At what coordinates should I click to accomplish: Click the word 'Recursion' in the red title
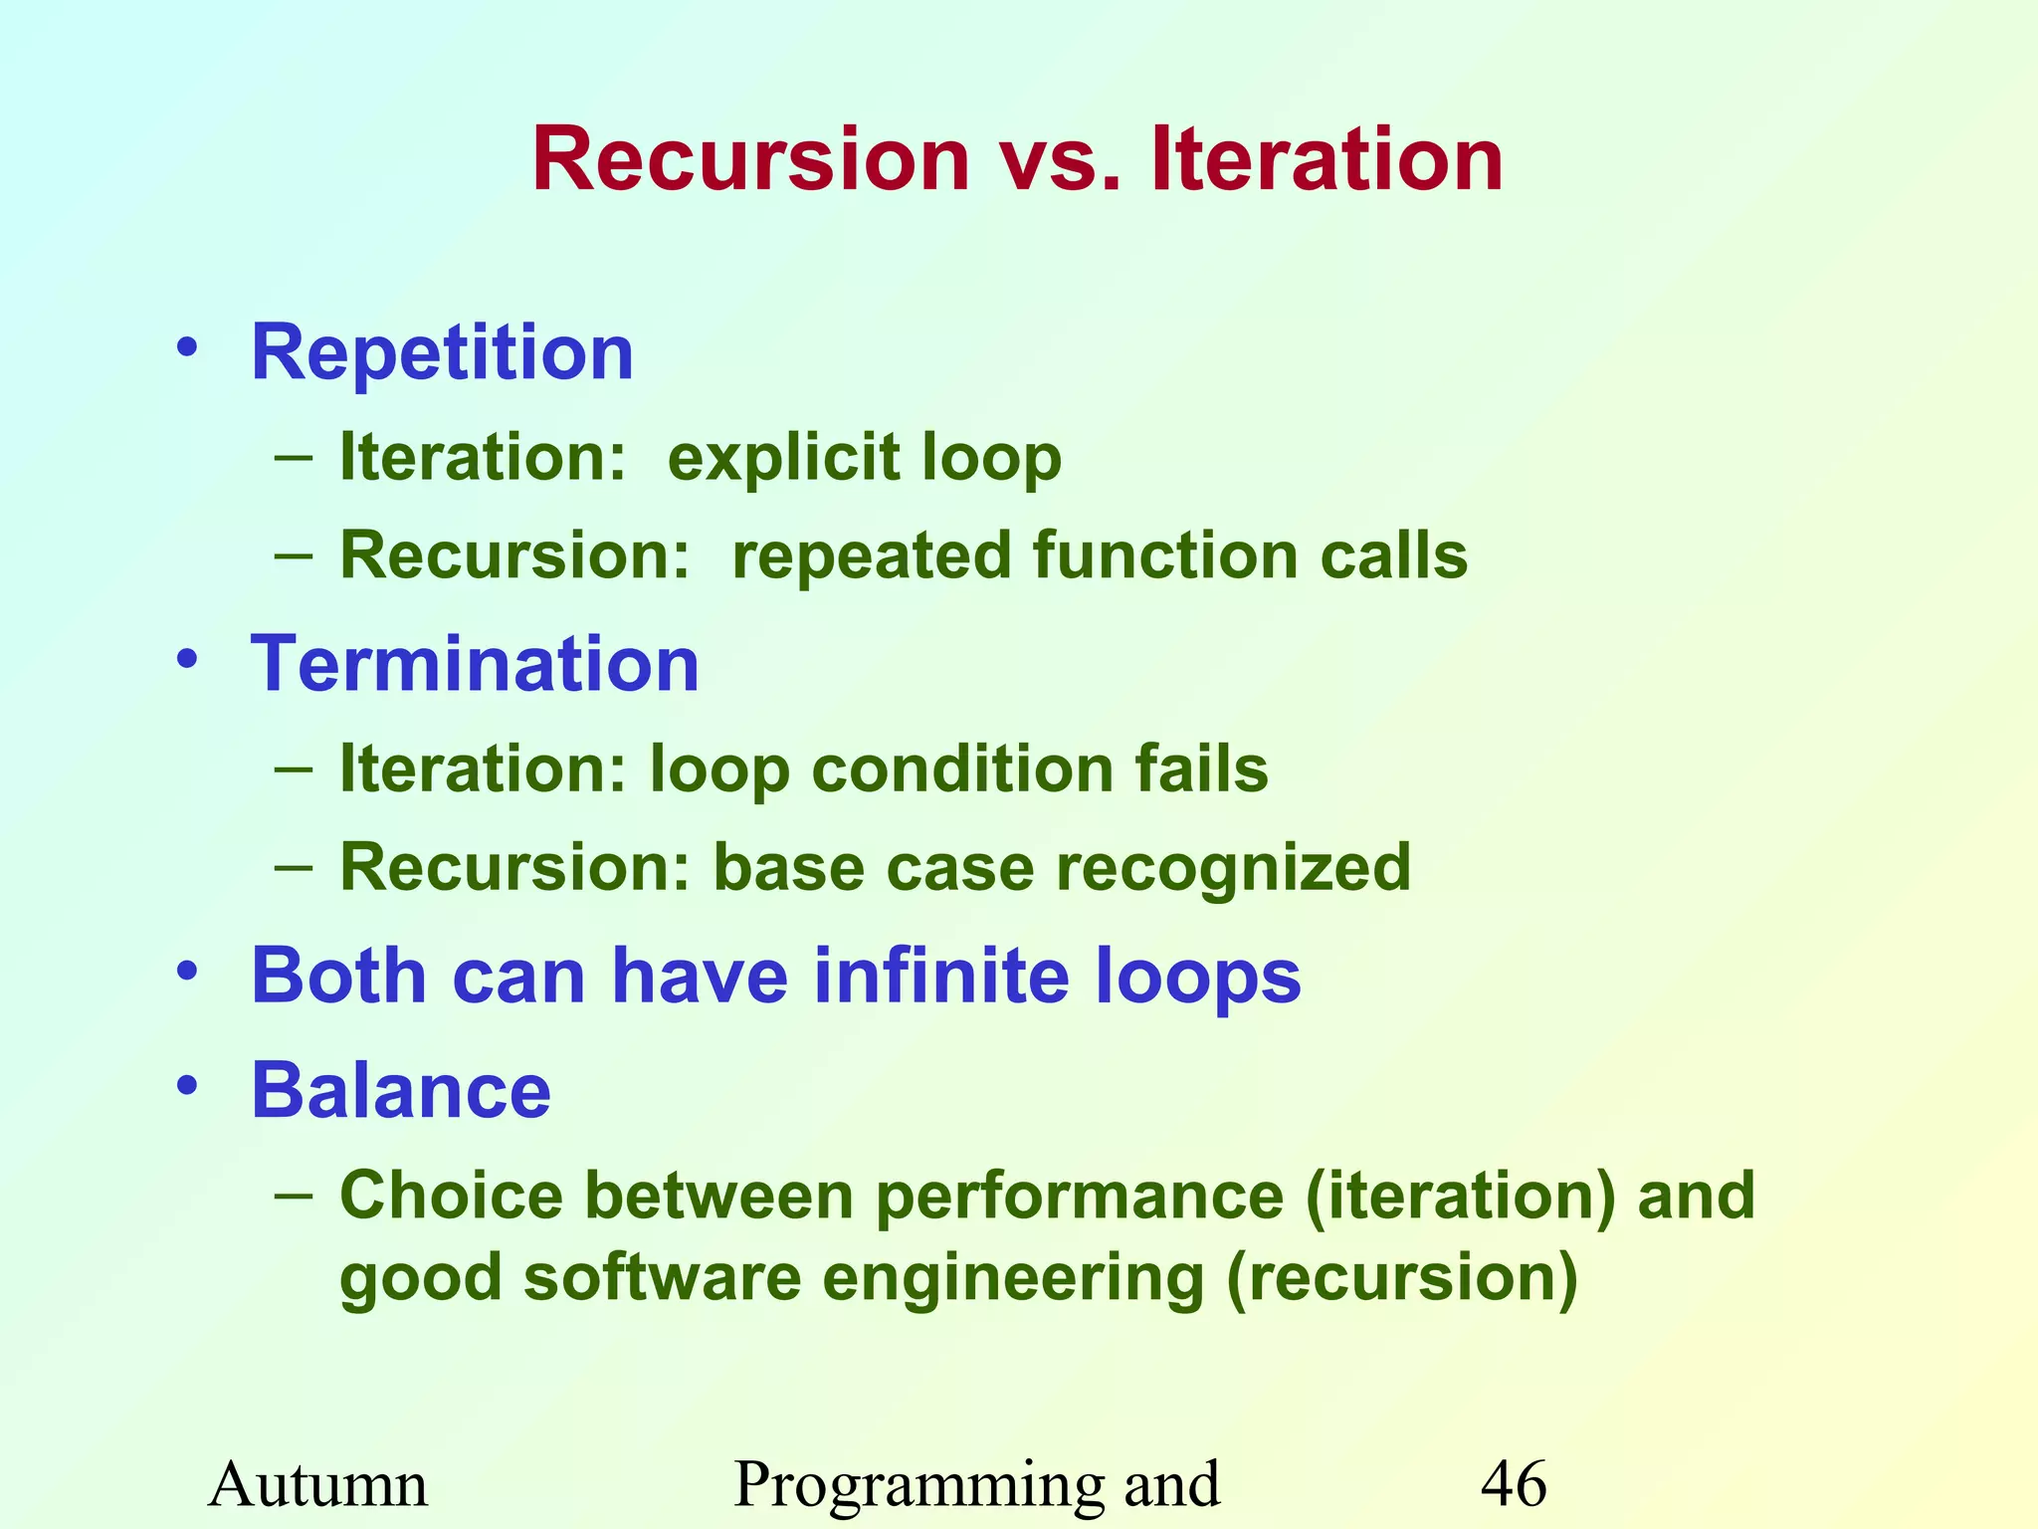(751, 161)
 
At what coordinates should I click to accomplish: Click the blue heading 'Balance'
(401, 1091)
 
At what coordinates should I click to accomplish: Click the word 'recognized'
(1233, 867)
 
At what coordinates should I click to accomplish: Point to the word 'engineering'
(1013, 1278)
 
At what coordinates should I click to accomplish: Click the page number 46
(1514, 1484)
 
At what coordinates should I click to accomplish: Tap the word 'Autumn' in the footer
(318, 1484)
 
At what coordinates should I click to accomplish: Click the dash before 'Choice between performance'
(295, 1192)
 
